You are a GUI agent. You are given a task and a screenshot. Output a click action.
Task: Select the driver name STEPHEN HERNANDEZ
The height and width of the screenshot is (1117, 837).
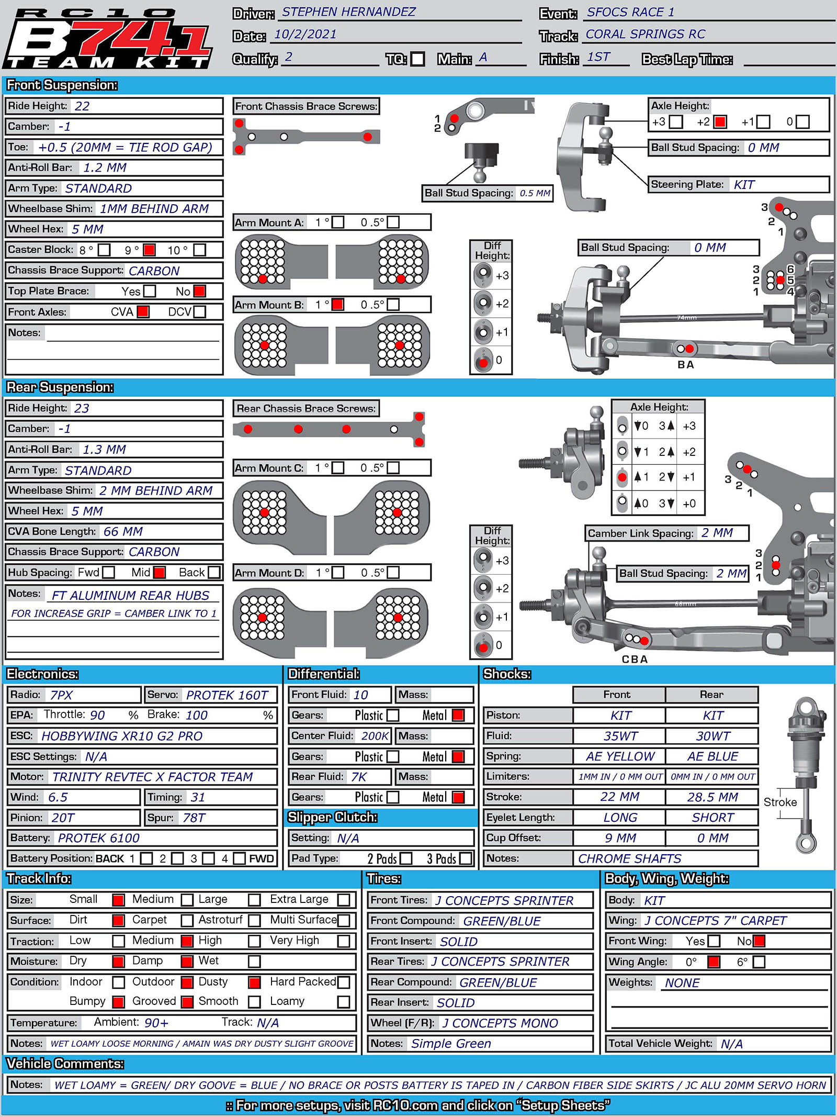[x=348, y=12]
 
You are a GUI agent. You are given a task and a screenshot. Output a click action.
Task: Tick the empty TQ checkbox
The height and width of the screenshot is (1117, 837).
[x=417, y=59]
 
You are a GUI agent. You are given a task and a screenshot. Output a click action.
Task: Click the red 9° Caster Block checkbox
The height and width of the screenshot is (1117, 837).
[x=149, y=250]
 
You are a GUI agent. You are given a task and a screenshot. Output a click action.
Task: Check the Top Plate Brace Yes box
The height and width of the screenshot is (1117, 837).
[x=150, y=291]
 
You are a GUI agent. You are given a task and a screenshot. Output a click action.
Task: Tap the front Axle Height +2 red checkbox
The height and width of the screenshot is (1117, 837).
[x=720, y=122]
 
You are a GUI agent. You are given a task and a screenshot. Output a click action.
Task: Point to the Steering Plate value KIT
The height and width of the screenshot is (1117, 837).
[x=744, y=185]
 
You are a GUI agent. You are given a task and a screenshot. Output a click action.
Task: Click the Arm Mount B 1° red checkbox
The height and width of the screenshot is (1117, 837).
[x=338, y=304]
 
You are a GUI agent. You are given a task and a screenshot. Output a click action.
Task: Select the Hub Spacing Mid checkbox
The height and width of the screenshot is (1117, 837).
[x=160, y=573]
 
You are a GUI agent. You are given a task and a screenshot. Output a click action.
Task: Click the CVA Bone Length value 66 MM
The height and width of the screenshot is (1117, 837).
[x=123, y=531]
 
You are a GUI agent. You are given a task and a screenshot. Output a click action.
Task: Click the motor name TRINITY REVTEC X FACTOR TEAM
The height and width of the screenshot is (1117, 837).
[x=152, y=777]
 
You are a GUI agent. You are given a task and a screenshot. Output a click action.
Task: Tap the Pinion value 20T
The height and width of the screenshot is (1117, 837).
[x=63, y=818]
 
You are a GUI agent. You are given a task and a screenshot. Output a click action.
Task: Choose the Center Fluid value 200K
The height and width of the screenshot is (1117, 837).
[x=375, y=736]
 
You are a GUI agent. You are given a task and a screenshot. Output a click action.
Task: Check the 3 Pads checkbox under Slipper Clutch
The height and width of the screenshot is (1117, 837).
[x=465, y=858]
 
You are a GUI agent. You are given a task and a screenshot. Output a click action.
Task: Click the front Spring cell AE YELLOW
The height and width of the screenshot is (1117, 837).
[x=620, y=756]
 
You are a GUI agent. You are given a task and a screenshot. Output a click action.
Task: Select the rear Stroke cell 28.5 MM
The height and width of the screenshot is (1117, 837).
[x=712, y=797]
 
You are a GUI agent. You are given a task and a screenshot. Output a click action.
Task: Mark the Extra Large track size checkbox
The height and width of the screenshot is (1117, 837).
[x=344, y=900]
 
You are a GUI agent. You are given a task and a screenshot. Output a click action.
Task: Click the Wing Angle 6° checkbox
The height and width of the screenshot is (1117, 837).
[x=759, y=962]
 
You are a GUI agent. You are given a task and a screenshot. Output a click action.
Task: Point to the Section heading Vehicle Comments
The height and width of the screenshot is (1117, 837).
[x=65, y=1064]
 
